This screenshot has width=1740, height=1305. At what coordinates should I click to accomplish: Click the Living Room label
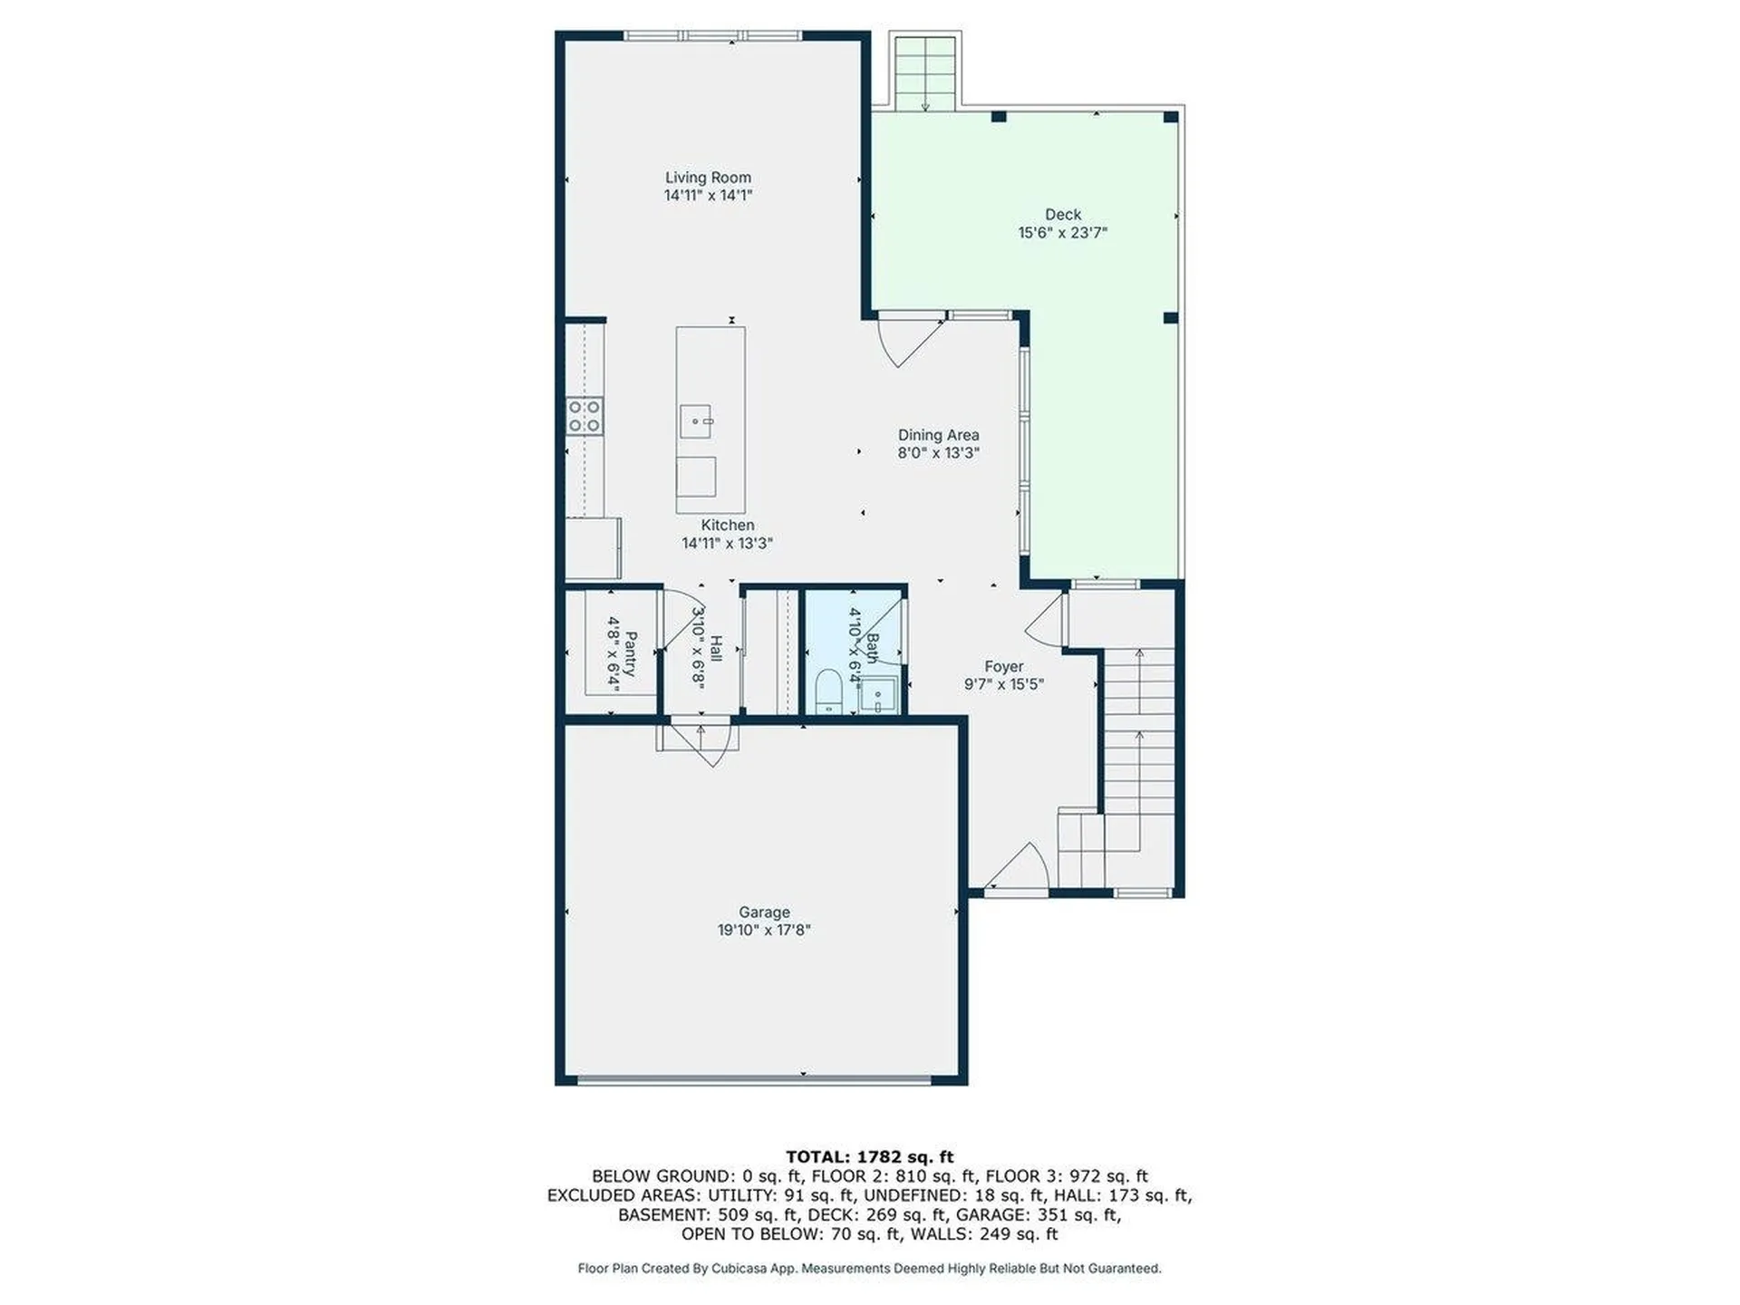click(708, 178)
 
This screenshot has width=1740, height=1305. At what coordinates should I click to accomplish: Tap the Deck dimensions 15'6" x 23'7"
click(1063, 233)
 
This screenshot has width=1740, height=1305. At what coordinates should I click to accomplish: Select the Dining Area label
click(938, 435)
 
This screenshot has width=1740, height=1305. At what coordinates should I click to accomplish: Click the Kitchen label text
click(727, 526)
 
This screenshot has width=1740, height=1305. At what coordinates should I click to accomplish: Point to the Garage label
click(764, 913)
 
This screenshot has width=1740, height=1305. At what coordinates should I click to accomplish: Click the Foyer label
click(1003, 667)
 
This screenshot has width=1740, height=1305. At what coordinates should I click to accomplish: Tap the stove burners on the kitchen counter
click(585, 416)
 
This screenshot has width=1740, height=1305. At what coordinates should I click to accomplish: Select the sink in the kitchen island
click(696, 421)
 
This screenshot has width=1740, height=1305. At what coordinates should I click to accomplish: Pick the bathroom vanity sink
click(878, 697)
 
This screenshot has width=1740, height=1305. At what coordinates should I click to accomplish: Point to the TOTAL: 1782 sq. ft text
click(869, 1156)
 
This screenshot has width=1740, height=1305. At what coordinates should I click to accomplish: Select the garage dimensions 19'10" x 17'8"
click(764, 931)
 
